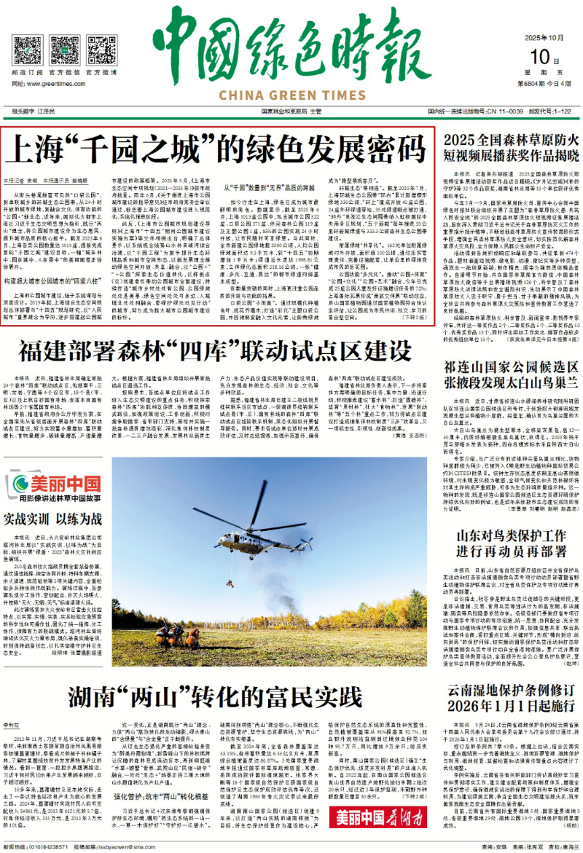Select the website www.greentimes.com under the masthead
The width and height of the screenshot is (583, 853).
click(60, 84)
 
